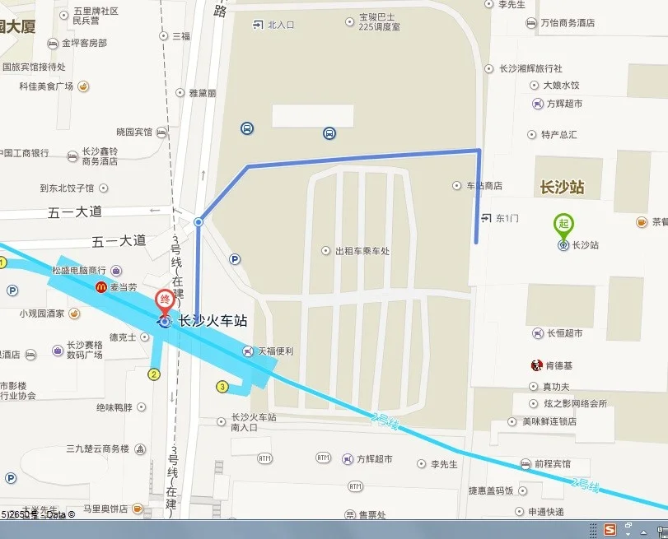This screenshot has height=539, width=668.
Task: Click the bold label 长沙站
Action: pyautogui.click(x=562, y=187)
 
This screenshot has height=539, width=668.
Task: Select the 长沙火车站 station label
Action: pyautogui.click(x=213, y=322)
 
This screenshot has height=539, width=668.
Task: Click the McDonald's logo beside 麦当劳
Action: pyautogui.click(x=101, y=287)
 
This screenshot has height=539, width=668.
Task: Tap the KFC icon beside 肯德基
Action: pyautogui.click(x=536, y=365)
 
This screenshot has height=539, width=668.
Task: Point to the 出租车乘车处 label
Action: pyautogui.click(x=362, y=251)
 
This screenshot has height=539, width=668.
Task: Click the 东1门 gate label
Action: pyautogui.click(x=508, y=218)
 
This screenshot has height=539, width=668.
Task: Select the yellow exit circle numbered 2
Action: pyautogui.click(x=154, y=374)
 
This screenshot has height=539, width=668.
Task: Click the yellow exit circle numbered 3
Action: pyautogui.click(x=222, y=387)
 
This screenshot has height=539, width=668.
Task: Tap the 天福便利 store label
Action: pyautogui.click(x=276, y=351)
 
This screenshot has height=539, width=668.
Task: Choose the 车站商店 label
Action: pyautogui.click(x=483, y=186)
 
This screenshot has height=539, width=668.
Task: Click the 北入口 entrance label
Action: pyautogui.click(x=281, y=25)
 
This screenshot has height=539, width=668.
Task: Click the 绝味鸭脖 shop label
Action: pyautogui.click(x=114, y=407)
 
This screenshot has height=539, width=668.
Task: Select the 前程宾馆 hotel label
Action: pyautogui.click(x=552, y=463)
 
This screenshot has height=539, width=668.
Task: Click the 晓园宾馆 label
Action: pyautogui.click(x=133, y=132)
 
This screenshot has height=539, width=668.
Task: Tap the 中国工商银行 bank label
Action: pyautogui.click(x=25, y=153)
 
